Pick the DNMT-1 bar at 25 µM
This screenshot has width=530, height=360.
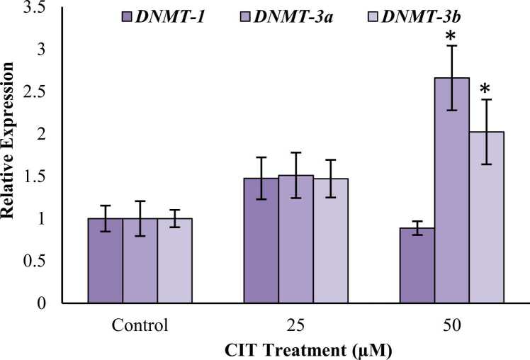[261, 241]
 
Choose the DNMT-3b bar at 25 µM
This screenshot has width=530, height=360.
[330, 241]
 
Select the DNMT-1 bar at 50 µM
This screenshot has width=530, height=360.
[417, 265]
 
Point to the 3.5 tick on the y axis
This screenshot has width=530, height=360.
[40, 8]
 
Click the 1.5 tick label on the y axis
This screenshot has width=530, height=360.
[40, 176]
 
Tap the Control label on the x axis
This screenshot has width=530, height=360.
[140, 327]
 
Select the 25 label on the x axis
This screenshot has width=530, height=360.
[295, 327]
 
